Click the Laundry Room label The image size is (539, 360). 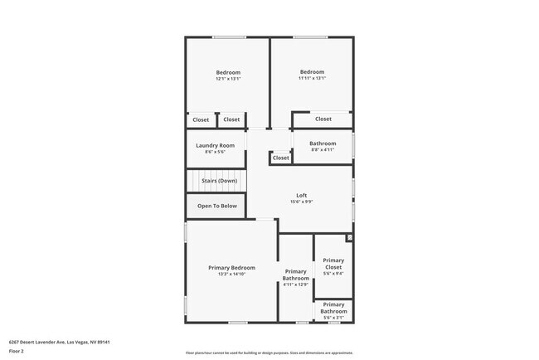tap(215, 145)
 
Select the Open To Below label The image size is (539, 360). tap(216, 206)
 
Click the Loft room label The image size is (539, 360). tap(302, 196)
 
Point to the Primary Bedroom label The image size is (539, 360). tap(231, 268)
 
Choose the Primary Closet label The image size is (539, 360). tap(333, 264)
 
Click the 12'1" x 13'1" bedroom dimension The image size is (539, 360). tap(228, 79)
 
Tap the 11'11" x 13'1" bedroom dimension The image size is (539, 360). tap(312, 78)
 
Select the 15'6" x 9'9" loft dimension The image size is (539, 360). tap(302, 202)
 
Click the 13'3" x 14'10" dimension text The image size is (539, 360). tap(231, 275)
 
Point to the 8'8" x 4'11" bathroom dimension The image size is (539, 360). tap(323, 150)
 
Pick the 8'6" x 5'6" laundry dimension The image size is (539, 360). tap(215, 152)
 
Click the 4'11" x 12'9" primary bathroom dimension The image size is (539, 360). tap(295, 285)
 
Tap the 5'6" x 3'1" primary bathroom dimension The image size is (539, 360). tap(333, 318)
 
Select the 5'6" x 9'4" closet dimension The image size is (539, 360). tap(333, 274)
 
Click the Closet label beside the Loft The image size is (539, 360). tap(281, 158)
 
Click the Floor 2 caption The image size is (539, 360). tap(17, 351)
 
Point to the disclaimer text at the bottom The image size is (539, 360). tap(269, 353)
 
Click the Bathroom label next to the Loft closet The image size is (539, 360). tap(323, 144)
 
